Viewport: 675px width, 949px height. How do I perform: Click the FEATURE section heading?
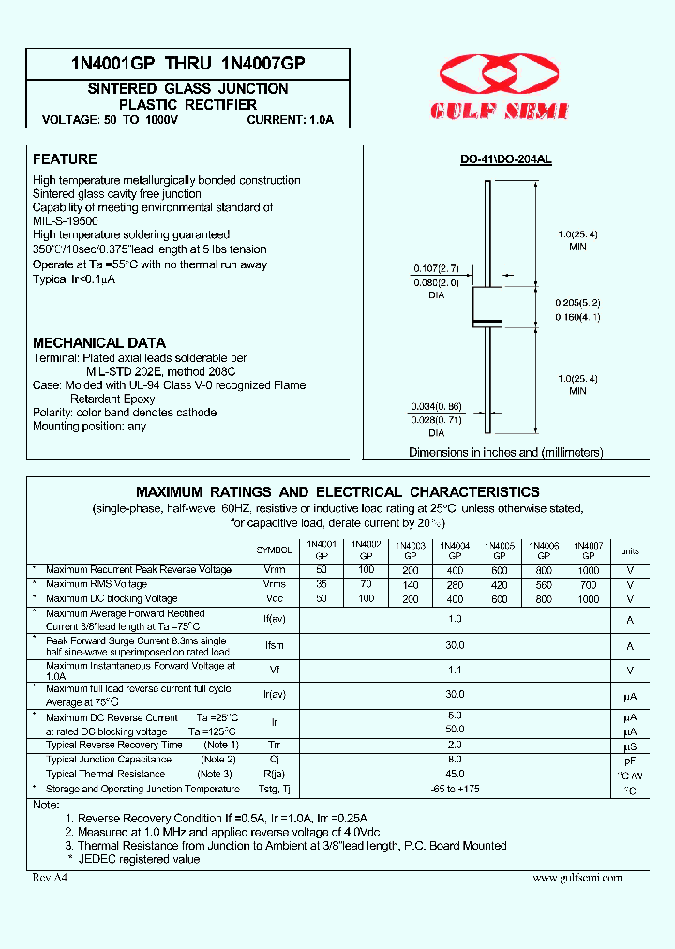click(65, 159)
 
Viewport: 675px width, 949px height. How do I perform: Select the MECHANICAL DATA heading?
click(99, 343)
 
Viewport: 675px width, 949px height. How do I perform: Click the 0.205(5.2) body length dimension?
click(577, 303)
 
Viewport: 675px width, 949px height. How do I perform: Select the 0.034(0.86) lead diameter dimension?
click(435, 407)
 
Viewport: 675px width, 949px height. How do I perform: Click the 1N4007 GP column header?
click(588, 550)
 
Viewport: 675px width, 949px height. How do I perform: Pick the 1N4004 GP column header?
click(454, 550)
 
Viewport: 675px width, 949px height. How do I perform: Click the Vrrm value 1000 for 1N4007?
click(588, 570)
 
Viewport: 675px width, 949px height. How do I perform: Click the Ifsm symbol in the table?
click(274, 645)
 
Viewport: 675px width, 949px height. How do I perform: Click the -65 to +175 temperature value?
click(454, 789)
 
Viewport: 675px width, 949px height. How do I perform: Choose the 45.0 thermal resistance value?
click(455, 774)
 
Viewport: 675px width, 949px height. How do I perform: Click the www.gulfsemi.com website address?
click(577, 878)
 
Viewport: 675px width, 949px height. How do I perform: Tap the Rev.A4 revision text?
click(51, 878)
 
